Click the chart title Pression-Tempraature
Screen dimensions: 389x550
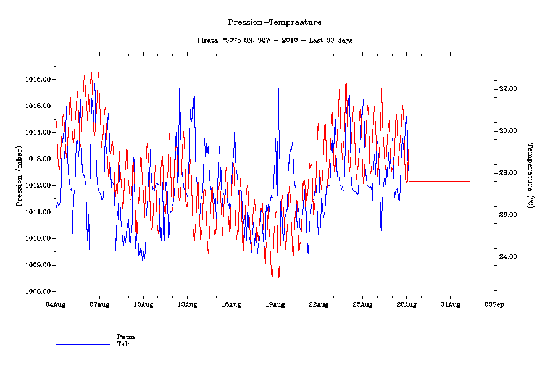point(275,22)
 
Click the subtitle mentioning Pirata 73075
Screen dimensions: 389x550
point(275,40)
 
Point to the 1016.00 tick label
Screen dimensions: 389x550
point(37,80)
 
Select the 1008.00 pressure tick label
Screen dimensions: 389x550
point(37,291)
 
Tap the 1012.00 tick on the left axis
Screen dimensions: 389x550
point(37,185)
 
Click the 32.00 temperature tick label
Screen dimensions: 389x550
point(507,89)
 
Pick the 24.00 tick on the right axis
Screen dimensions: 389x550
point(507,257)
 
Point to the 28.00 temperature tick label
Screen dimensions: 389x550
point(507,173)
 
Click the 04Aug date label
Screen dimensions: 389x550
point(56,304)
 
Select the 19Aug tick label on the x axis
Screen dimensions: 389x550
point(275,304)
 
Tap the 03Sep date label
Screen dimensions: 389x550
point(494,304)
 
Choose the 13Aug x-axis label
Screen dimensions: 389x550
point(187,304)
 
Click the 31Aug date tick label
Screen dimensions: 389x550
point(450,304)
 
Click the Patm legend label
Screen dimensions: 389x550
point(126,337)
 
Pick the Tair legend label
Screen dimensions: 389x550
point(123,343)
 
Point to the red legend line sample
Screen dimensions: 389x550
point(82,337)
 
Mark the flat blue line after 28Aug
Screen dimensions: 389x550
point(440,130)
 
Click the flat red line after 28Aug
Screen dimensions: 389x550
point(440,181)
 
